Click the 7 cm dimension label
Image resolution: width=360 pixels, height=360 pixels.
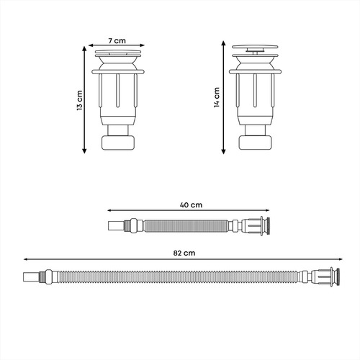point(117,41)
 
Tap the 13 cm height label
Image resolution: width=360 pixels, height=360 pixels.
point(80,100)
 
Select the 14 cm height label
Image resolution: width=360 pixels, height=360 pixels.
point(217,97)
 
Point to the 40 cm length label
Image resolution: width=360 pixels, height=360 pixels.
point(191,205)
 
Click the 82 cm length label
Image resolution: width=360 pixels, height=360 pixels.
point(184,253)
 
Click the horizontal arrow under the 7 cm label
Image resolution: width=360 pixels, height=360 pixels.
point(117,45)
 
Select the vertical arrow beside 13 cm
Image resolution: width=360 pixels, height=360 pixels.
point(84,99)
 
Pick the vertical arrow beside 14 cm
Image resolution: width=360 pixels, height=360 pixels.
point(223,97)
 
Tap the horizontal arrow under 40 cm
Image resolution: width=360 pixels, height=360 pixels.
point(189,210)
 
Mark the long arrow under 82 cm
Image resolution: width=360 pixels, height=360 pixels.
point(183,259)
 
